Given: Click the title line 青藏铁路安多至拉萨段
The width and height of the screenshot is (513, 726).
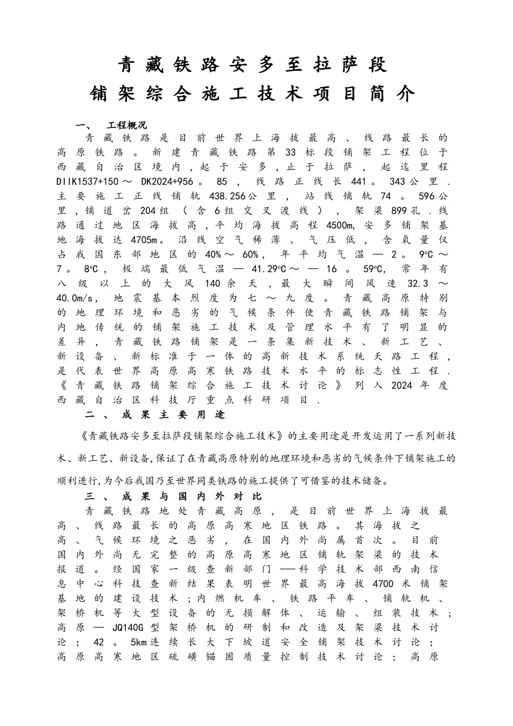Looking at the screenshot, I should (x=252, y=65).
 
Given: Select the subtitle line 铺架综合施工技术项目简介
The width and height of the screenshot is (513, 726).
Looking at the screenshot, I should (x=252, y=94).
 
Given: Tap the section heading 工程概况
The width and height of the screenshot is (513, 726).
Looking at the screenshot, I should (x=127, y=125).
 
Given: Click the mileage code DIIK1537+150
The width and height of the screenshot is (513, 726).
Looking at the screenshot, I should (x=87, y=181).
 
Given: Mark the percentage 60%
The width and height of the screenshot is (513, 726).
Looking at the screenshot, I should (x=249, y=254).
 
